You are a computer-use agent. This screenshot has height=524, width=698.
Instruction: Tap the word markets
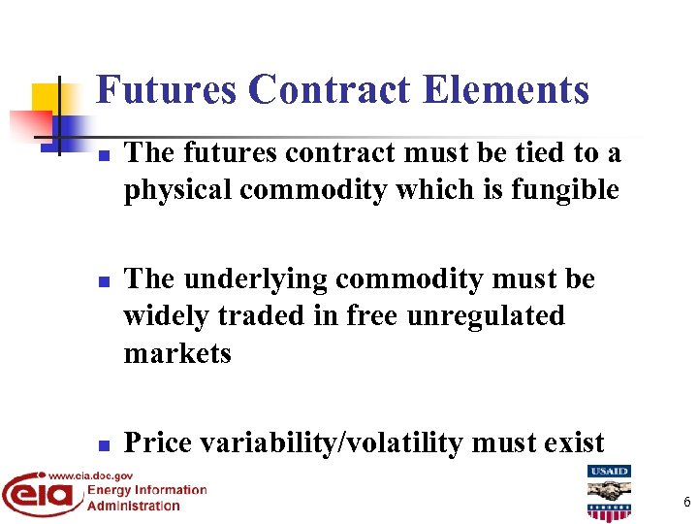[177, 353]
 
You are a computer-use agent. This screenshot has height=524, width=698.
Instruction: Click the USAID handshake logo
[609, 492]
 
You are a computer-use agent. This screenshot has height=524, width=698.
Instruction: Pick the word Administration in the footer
[134, 505]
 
